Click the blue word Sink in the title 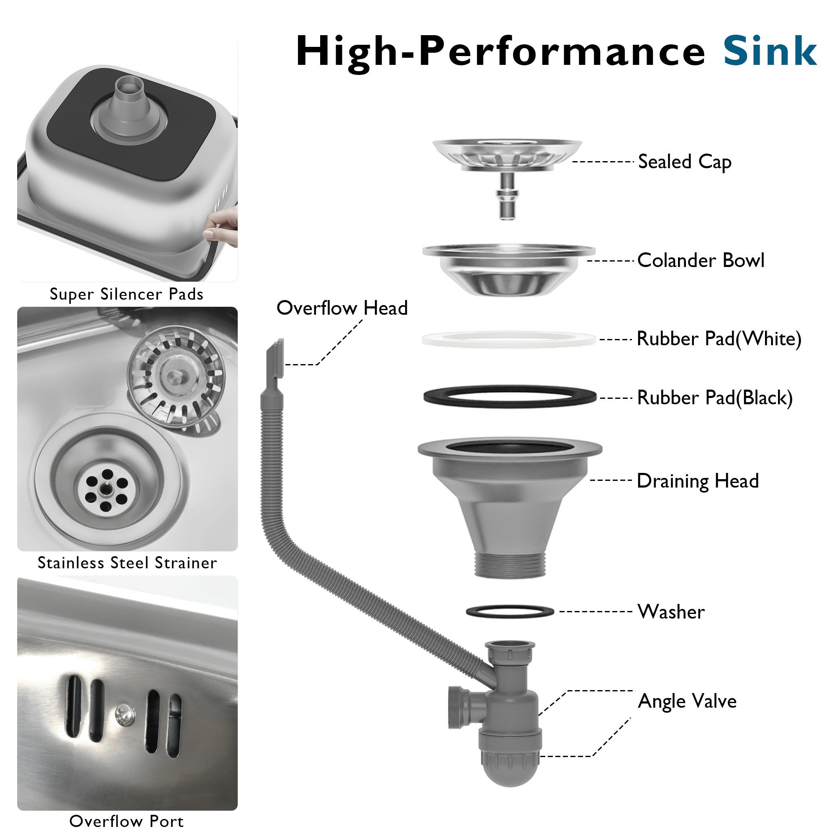tap(770, 51)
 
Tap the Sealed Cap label tap(685, 162)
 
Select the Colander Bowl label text tap(701, 260)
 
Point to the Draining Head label tap(698, 481)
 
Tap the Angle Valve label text tap(687, 701)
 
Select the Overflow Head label tap(342, 308)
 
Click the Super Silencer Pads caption tap(126, 294)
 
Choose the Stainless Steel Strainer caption tap(127, 563)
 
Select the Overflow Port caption tap(126, 821)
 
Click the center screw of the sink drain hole tap(104, 488)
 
